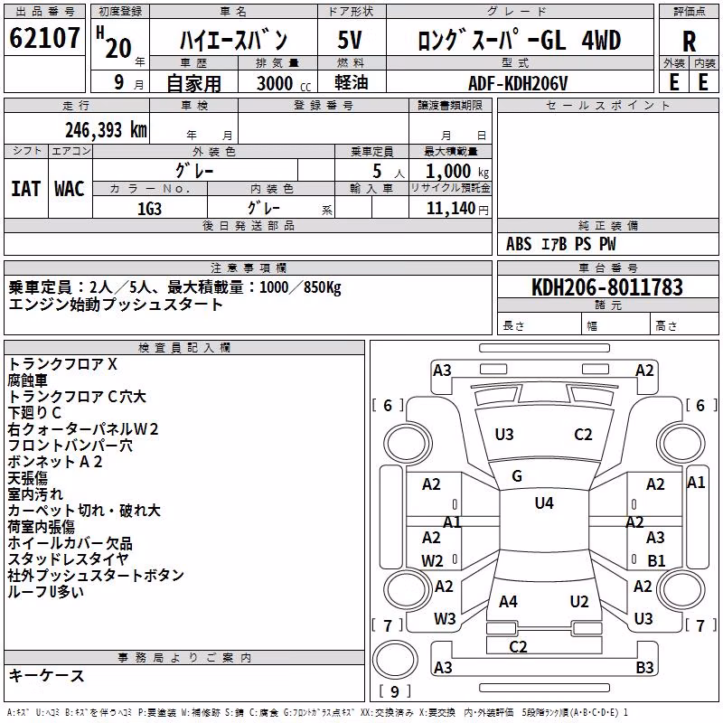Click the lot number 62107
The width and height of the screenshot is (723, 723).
(x=44, y=37)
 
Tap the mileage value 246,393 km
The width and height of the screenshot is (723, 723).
(x=106, y=130)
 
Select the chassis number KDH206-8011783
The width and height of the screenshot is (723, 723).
(x=606, y=286)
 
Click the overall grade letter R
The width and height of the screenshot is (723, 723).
(x=689, y=42)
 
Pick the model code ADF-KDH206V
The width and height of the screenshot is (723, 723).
(x=518, y=83)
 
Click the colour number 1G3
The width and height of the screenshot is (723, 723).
(x=149, y=209)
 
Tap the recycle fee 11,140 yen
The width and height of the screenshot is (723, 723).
(x=457, y=209)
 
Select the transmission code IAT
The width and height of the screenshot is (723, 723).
(x=25, y=189)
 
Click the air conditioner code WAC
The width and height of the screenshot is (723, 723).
(x=70, y=189)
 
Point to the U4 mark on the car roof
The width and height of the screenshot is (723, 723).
(x=544, y=502)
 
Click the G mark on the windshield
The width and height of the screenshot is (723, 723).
(x=517, y=476)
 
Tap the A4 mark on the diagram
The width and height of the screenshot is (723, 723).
(x=508, y=601)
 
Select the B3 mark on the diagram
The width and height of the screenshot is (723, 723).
(x=644, y=667)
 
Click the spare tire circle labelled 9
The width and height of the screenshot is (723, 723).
(x=395, y=660)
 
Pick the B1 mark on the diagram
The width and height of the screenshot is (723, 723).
(x=656, y=560)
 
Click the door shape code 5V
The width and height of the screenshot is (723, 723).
(x=350, y=40)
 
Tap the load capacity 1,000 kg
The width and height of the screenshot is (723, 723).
(x=457, y=172)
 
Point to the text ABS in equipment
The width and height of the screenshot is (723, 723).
(x=519, y=244)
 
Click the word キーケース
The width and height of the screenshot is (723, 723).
(x=47, y=675)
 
